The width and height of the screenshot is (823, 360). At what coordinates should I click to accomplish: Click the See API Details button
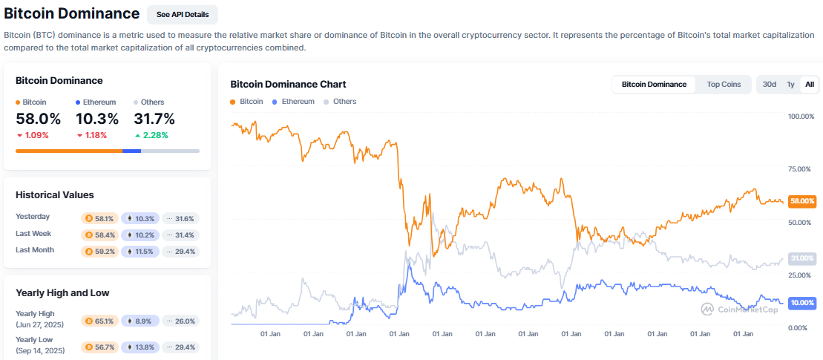point(183,15)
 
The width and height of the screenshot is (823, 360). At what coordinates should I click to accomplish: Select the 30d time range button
point(770,85)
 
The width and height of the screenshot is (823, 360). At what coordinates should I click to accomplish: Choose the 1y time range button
point(790,85)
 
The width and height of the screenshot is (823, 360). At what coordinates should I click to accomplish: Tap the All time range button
point(810,85)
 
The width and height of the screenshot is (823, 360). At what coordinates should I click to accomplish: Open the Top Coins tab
point(723,85)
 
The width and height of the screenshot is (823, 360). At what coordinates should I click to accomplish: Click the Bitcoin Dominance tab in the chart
point(654,85)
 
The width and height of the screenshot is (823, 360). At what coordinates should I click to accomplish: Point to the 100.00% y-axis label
point(801,117)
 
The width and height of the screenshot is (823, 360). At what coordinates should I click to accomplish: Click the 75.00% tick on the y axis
point(801,169)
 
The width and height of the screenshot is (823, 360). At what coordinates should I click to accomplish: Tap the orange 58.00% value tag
point(802,201)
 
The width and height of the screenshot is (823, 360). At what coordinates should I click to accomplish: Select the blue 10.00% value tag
point(802,303)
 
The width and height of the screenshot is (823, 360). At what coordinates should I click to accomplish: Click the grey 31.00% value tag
point(802,258)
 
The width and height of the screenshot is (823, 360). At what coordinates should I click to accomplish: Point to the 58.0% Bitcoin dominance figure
point(38,119)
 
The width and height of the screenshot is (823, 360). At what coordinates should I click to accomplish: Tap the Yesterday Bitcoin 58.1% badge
point(99,218)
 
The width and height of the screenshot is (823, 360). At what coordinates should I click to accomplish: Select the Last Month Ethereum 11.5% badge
point(140,252)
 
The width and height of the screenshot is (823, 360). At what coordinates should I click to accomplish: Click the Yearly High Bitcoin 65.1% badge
point(99,321)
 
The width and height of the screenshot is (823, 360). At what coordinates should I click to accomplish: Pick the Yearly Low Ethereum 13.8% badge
point(140,347)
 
